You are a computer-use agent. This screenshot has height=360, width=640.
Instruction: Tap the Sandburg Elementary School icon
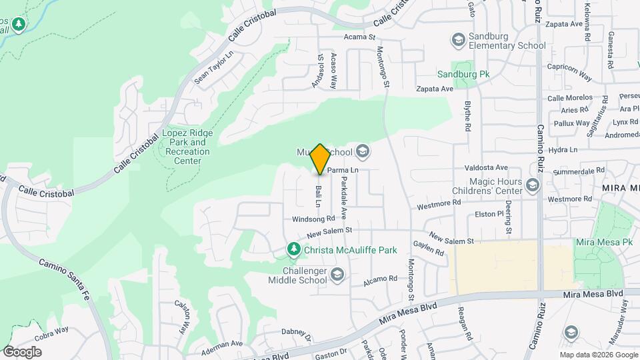pyautogui.click(x=458, y=41)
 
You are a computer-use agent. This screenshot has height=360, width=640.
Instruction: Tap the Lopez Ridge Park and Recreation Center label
pyautogui.click(x=188, y=147)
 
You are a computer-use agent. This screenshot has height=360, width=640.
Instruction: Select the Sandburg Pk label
pyautogui.click(x=463, y=74)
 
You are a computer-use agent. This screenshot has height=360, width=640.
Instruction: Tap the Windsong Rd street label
pyautogui.click(x=313, y=219)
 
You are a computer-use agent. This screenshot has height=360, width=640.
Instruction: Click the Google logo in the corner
pyautogui.click(x=22, y=351)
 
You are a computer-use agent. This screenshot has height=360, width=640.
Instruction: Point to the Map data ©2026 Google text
pyautogui.click(x=599, y=355)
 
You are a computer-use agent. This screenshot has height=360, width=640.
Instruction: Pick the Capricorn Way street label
pyautogui.click(x=569, y=72)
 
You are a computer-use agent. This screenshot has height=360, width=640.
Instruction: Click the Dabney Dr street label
pyautogui.click(x=297, y=333)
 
